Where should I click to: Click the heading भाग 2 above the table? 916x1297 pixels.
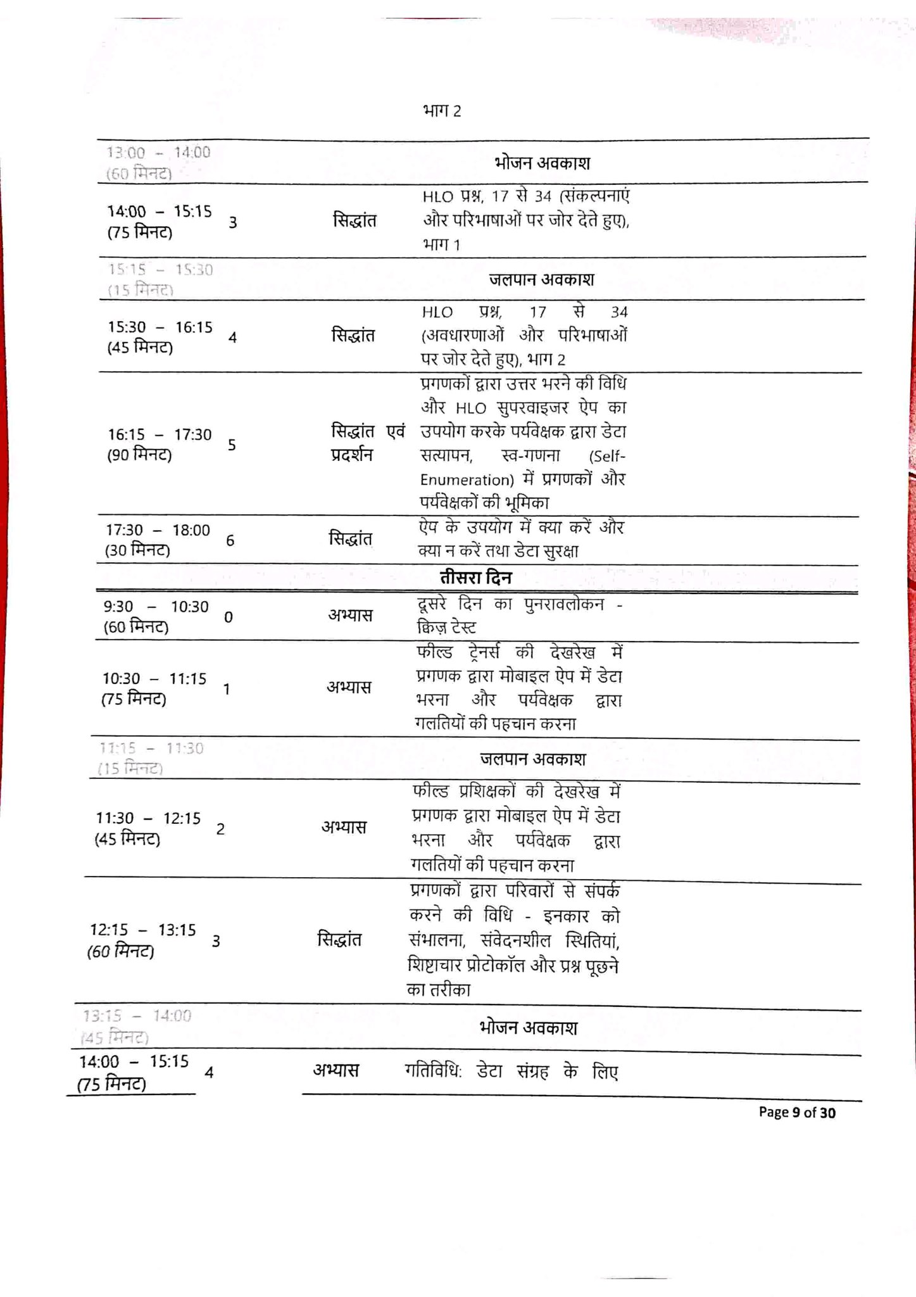click(441, 111)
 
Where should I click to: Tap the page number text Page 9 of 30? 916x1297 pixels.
click(796, 1112)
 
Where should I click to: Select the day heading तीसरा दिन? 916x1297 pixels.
click(475, 578)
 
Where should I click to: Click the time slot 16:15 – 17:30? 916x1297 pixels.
click(160, 434)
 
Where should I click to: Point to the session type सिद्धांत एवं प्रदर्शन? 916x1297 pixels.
click(367, 443)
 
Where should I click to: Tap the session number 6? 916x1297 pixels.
click(230, 540)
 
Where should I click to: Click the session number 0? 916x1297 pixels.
click(229, 617)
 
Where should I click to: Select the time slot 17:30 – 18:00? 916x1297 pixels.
click(158, 530)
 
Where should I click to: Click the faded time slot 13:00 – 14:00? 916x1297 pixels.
click(158, 153)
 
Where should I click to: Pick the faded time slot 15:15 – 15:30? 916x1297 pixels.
click(160, 270)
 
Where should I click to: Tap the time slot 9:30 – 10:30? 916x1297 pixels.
click(156, 607)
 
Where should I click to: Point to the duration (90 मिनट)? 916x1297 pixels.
click(139, 455)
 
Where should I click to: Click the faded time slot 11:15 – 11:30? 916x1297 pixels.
click(151, 749)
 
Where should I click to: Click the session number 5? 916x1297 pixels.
click(232, 445)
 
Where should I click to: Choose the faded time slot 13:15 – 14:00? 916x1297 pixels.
click(137, 1016)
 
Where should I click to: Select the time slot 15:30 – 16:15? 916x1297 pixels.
click(160, 327)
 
